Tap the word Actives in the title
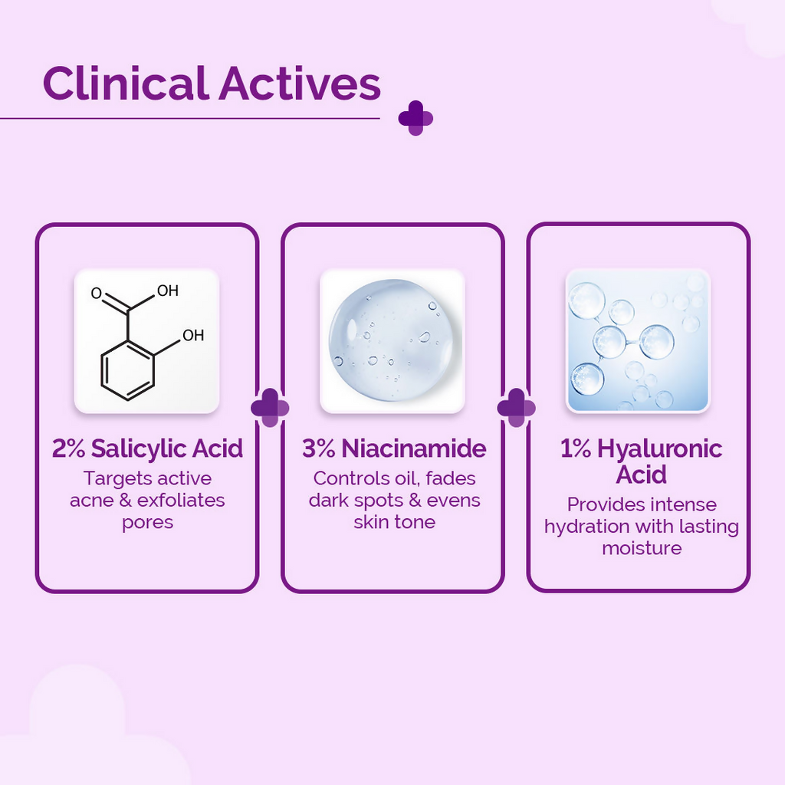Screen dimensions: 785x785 [x=300, y=84]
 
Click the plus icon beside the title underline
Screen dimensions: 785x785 [x=415, y=118]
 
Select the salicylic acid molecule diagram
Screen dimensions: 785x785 [x=146, y=341]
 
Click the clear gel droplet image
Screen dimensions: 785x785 [x=392, y=341]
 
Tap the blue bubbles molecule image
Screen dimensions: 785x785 [x=637, y=341]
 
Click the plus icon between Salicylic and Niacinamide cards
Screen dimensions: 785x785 [x=270, y=407]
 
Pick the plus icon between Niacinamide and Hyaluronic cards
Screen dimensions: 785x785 [x=516, y=407]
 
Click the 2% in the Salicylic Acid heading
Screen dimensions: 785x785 [x=68, y=448]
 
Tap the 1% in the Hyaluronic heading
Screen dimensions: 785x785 [x=576, y=448]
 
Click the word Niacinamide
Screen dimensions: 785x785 [x=414, y=448]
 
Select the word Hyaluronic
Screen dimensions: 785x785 [x=660, y=448]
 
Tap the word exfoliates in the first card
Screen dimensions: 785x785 [x=181, y=501]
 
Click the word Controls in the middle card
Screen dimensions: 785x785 [x=347, y=478]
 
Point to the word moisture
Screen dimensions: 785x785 [x=642, y=548]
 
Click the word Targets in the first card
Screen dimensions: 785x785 [x=117, y=478]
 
